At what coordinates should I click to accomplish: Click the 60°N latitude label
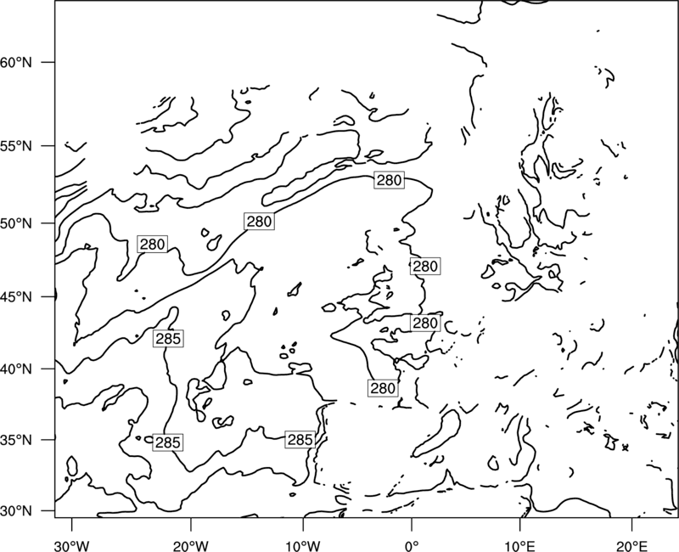16,62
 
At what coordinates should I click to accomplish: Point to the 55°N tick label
16,146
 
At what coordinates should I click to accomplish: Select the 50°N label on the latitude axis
16,223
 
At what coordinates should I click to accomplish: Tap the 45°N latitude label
16,296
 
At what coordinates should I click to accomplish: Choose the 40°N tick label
16,369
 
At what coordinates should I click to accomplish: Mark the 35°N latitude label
16,440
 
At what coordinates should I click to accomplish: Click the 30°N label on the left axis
16,511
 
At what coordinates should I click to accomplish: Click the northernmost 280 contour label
390,180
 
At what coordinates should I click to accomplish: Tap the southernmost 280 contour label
383,388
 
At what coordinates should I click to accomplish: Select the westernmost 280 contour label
152,245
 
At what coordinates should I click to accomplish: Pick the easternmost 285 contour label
300,440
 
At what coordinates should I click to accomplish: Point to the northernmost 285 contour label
168,338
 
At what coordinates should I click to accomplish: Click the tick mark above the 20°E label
632,523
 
